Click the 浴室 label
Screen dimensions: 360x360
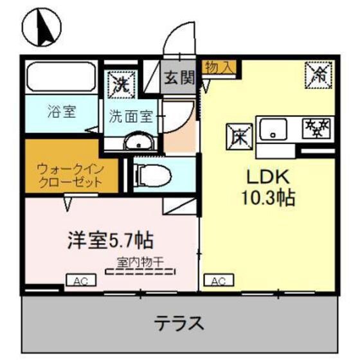[61, 111]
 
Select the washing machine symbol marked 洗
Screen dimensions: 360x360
[120, 82]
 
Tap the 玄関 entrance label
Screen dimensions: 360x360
[179, 78]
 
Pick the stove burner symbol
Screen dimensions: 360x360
[318, 129]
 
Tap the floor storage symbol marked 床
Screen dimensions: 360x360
[237, 136]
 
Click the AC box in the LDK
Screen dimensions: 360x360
[215, 281]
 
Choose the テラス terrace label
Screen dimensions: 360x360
[179, 323]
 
